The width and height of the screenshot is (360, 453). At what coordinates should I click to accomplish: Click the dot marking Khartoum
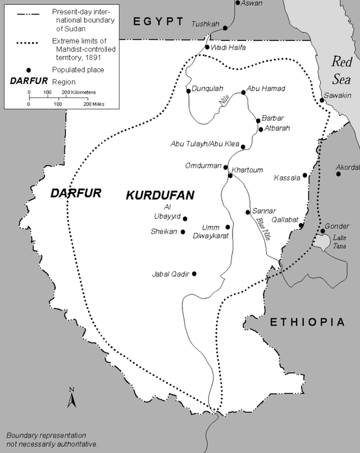[x=230, y=176]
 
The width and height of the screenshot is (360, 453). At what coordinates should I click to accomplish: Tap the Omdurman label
[x=204, y=166]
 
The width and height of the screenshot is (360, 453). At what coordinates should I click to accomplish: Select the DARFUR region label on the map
[x=76, y=193]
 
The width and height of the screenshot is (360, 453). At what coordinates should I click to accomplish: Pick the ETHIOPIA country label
[x=307, y=322]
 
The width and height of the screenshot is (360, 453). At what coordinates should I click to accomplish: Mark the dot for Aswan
[x=236, y=3]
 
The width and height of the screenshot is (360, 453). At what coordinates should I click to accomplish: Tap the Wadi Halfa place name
[x=229, y=48]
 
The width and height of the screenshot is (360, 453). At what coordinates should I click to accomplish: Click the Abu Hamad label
[x=266, y=89]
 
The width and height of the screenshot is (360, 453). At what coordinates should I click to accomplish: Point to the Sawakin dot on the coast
[x=322, y=100]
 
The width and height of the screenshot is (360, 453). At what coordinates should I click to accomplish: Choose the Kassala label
[x=286, y=178]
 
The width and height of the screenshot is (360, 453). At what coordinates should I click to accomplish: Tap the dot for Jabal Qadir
[x=194, y=274]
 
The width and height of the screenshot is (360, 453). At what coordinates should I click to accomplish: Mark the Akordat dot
[x=338, y=174]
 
